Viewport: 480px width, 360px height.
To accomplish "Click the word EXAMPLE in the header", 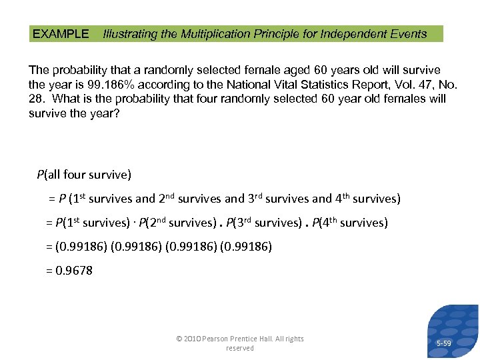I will click(61, 34).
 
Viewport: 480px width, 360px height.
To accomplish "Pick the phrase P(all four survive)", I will click(84, 175).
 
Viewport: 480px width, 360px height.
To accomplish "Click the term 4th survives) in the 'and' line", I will click(366, 199).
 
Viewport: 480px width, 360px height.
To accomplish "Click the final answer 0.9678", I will click(75, 270).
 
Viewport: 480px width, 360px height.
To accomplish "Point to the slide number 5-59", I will click(443, 343).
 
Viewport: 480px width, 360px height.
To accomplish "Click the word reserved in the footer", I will click(239, 348).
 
